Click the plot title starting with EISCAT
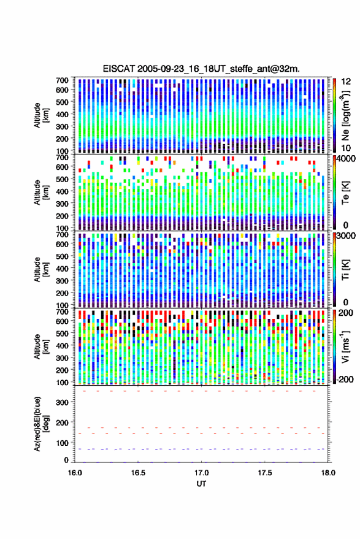tap(201, 69)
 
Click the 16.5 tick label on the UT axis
tap(138, 473)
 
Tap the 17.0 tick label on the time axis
tap(202, 473)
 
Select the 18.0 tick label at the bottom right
tap(328, 473)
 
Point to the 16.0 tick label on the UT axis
tap(75, 473)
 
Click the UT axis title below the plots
tap(201, 484)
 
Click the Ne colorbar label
tap(345, 115)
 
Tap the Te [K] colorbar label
tap(345, 192)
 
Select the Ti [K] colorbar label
tap(345, 270)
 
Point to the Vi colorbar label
tap(345, 346)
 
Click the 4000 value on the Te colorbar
tap(346, 159)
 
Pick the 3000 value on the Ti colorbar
tap(346, 237)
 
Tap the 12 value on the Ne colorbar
tap(346, 82)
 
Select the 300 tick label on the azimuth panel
tap(63, 402)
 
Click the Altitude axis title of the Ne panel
tap(40, 115)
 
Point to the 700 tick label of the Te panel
tap(62, 158)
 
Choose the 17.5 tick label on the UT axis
tap(265, 473)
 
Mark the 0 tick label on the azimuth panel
tap(66, 460)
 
